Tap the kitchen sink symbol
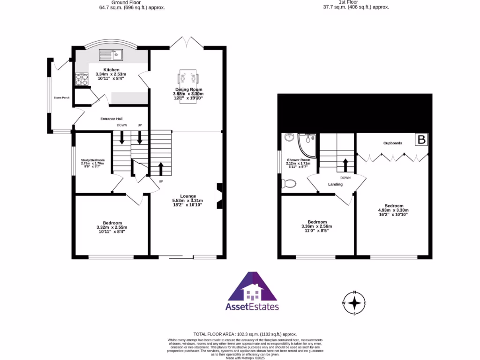[111, 55]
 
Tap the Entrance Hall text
[112, 119]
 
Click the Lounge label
[188, 196]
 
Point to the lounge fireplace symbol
[219, 196]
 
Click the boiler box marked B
[422, 139]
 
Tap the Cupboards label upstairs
[392, 143]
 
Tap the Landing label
[335, 184]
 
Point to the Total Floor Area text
[245, 333]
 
